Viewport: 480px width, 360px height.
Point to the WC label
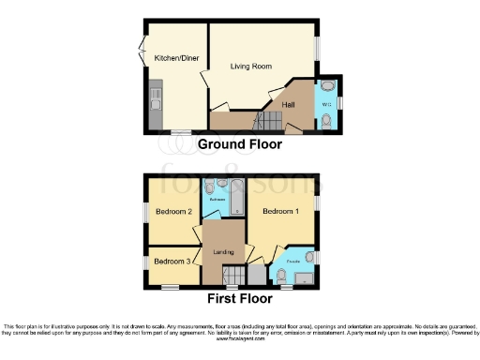tap(327, 103)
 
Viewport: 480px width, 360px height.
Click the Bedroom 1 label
tap(281, 212)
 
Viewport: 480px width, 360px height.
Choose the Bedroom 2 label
tap(174, 212)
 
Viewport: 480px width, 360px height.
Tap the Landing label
tap(222, 251)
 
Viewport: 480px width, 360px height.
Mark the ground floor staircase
tap(267, 121)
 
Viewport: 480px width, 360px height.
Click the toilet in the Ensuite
tap(279, 275)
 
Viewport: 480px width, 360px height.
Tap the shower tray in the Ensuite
tap(304, 276)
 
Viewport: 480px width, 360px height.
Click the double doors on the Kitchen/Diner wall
tap(143, 45)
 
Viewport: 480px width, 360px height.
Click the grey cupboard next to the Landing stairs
tap(255, 274)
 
